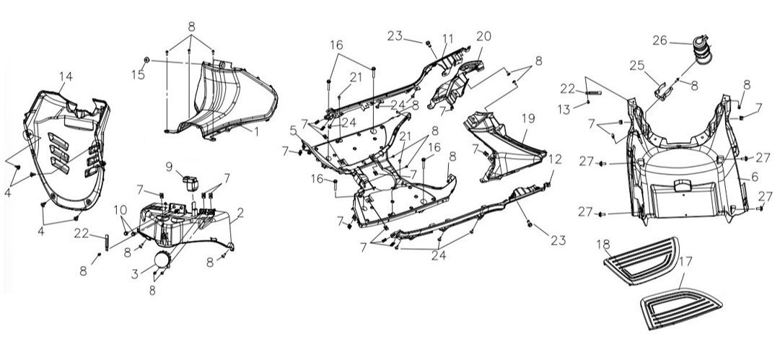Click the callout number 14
(66, 76)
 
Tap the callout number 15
(138, 74)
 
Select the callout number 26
(660, 40)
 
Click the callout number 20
(483, 36)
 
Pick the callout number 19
(528, 118)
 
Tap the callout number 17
(685, 261)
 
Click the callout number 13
(564, 110)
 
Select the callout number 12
(555, 159)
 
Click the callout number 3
(135, 273)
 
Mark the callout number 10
(120, 210)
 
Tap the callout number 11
(447, 39)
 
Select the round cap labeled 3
(162, 260)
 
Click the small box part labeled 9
(190, 183)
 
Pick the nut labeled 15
(146, 60)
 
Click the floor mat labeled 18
(641, 260)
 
